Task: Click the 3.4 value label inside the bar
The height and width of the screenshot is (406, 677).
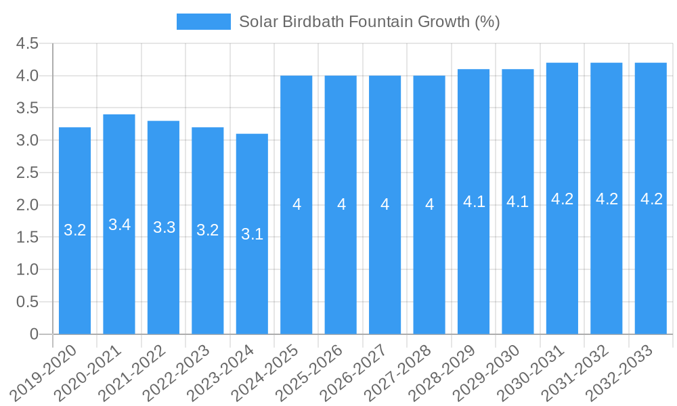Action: coord(120,225)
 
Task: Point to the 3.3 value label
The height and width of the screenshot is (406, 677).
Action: coord(164,227)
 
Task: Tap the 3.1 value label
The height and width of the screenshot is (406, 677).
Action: coord(252,234)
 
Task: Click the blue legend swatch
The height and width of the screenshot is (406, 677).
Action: coord(203,22)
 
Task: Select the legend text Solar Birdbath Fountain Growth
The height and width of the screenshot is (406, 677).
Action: coord(369,22)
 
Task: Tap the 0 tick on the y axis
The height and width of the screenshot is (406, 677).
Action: coord(34,334)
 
